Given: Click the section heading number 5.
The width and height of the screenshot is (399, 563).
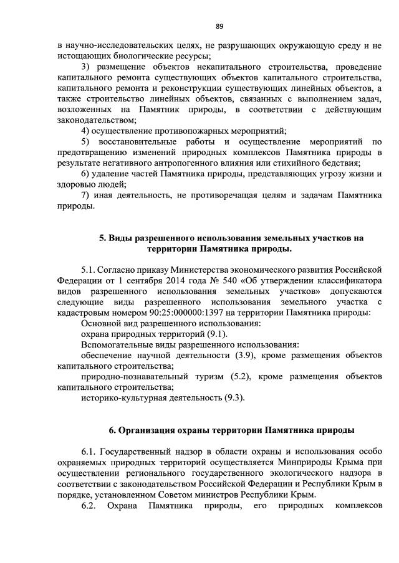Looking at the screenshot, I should (x=102, y=238).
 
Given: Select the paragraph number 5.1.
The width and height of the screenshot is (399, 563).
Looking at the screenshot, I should (x=89, y=268).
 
